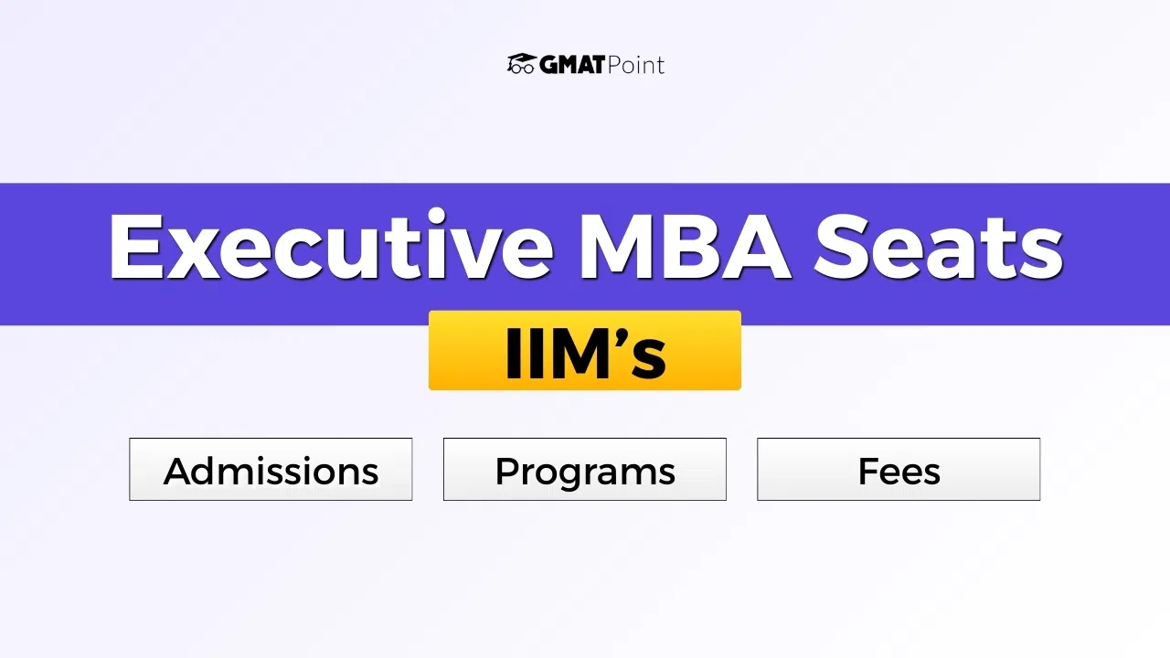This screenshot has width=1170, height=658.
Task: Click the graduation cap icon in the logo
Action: pyautogui.click(x=521, y=64)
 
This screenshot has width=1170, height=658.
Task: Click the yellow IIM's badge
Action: pyautogui.click(x=585, y=351)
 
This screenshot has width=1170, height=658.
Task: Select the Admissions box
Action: pyautogui.click(x=271, y=470)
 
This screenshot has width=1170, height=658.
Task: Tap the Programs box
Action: pyautogui.click(x=585, y=470)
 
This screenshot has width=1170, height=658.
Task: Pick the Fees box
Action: pyautogui.click(x=899, y=470)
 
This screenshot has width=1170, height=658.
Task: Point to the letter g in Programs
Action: pyautogui.click(x=576, y=476)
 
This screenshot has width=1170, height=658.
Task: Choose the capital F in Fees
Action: pyautogui.click(x=868, y=472)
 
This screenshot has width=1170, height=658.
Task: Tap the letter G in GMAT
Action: pyautogui.click(x=549, y=65)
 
